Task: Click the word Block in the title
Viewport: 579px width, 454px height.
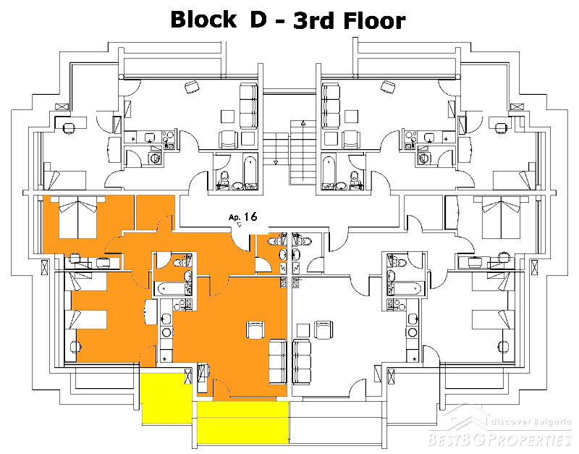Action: pyautogui.click(x=203, y=20)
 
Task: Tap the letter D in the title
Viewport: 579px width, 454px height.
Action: pyautogui.click(x=258, y=20)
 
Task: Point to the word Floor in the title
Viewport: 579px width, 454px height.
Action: pyautogui.click(x=375, y=20)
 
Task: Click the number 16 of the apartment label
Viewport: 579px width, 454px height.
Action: pyautogui.click(x=250, y=217)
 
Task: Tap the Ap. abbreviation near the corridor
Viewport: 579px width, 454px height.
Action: pyautogui.click(x=234, y=217)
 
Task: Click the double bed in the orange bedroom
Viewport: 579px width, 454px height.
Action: pyautogui.click(x=78, y=217)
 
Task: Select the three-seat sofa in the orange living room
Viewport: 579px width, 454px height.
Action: pyautogui.click(x=278, y=362)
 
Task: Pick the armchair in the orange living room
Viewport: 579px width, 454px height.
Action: pyautogui.click(x=255, y=330)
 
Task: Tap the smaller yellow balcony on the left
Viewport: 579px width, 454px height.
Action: pyautogui.click(x=167, y=398)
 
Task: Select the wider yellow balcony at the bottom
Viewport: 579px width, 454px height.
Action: pyautogui.click(x=242, y=422)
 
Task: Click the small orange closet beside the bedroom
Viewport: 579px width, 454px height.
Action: pyautogui.click(x=155, y=212)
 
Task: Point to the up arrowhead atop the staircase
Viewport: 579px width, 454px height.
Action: pyautogui.click(x=303, y=123)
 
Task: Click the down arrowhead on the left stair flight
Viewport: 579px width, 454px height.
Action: pyautogui.click(x=276, y=162)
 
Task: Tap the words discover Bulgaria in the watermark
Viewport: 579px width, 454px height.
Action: pyautogui.click(x=531, y=422)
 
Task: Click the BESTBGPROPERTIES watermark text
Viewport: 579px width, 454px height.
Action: pyautogui.click(x=499, y=440)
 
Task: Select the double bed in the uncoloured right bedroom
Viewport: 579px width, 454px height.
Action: pyautogui.click(x=501, y=217)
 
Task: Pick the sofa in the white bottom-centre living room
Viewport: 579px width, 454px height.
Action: pyautogui.click(x=302, y=362)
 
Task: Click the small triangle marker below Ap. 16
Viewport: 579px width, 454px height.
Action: pyautogui.click(x=239, y=224)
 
